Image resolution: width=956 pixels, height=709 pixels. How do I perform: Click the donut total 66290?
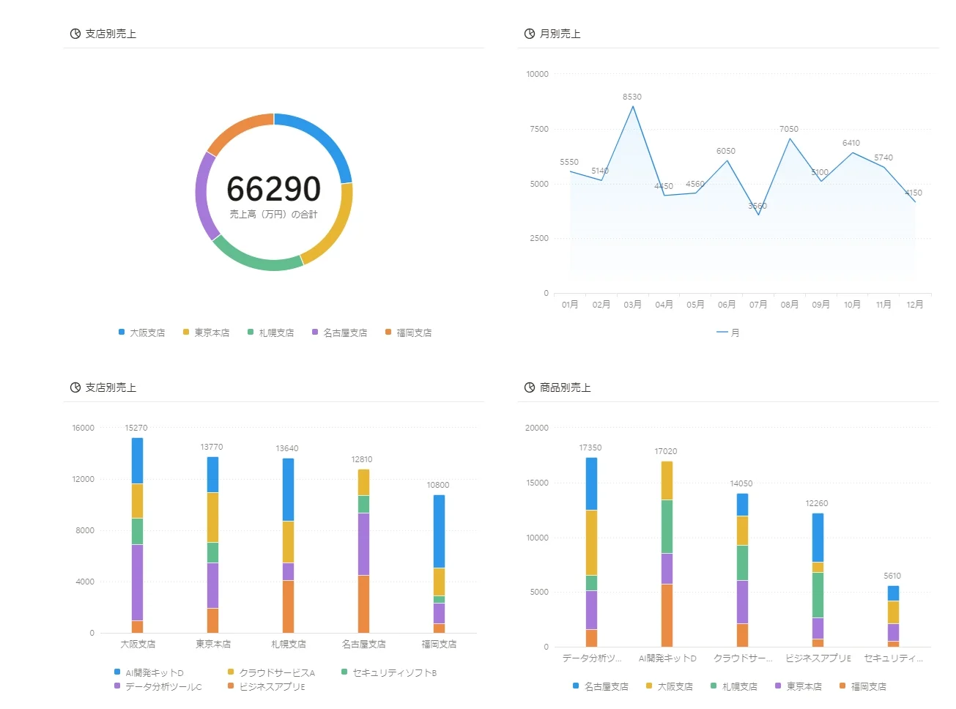pyautogui.click(x=273, y=188)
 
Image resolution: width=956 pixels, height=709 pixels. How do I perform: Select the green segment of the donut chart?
pyautogui.click(x=254, y=259)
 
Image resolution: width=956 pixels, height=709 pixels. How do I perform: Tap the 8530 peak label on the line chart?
pyautogui.click(x=631, y=97)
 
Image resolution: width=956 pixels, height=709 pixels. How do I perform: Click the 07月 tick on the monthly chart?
pyautogui.click(x=757, y=304)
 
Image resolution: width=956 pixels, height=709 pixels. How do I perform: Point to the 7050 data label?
pyautogui.click(x=788, y=129)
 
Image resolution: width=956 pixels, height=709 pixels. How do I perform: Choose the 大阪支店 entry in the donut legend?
pyautogui.click(x=142, y=333)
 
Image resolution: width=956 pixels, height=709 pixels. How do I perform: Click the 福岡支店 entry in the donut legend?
pyautogui.click(x=408, y=333)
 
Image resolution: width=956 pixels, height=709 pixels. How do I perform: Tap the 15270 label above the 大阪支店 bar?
pyautogui.click(x=136, y=428)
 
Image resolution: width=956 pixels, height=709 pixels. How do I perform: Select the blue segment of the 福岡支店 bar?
pyautogui.click(x=439, y=531)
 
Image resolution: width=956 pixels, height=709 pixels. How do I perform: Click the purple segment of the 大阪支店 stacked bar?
pyautogui.click(x=137, y=582)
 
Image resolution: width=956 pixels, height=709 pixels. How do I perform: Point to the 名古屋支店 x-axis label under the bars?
pyautogui.click(x=363, y=644)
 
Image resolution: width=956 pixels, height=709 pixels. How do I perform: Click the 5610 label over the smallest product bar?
pyautogui.click(x=892, y=576)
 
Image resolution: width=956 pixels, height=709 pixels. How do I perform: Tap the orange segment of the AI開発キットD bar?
pyautogui.click(x=667, y=615)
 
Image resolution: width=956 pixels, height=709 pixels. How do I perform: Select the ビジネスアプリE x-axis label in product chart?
pyautogui.click(x=818, y=658)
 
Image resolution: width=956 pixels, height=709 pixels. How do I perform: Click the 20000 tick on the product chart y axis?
pyautogui.click(x=536, y=428)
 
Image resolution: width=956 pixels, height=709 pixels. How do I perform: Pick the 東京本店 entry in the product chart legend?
pyautogui.click(x=798, y=686)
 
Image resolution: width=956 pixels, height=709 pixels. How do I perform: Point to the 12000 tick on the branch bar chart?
pyautogui.click(x=83, y=479)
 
